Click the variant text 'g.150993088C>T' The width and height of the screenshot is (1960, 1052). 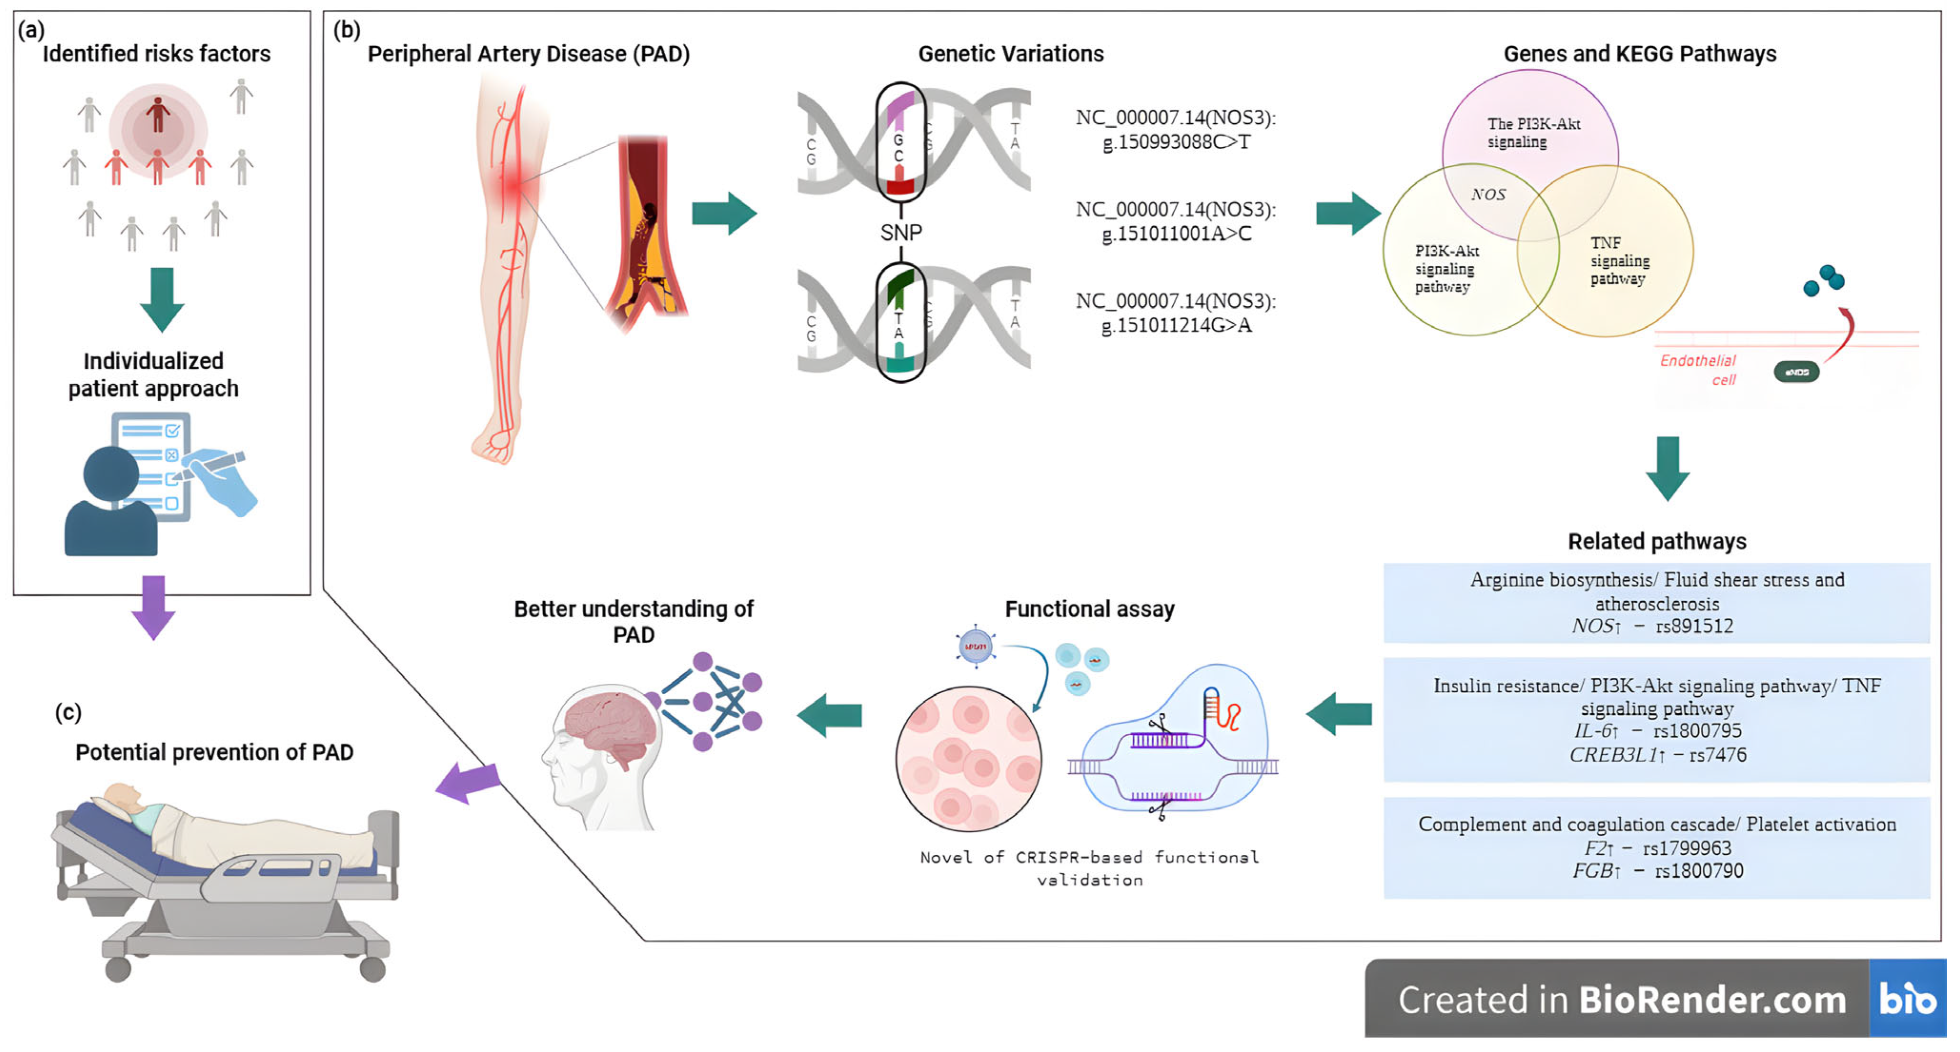tap(1176, 142)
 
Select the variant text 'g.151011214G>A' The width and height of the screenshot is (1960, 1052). tap(1176, 325)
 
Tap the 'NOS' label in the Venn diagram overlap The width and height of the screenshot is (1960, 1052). tap(1487, 195)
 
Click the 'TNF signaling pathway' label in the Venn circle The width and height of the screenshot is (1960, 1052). tap(1619, 261)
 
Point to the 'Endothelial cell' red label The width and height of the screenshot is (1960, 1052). tap(1699, 370)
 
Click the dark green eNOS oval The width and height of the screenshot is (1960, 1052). tap(1797, 372)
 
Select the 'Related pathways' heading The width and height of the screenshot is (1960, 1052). tap(1656, 542)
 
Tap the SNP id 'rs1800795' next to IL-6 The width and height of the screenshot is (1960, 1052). tap(1697, 731)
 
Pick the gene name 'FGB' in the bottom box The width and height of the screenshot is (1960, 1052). tap(1592, 871)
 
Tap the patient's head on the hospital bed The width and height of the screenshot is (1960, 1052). tap(122, 797)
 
